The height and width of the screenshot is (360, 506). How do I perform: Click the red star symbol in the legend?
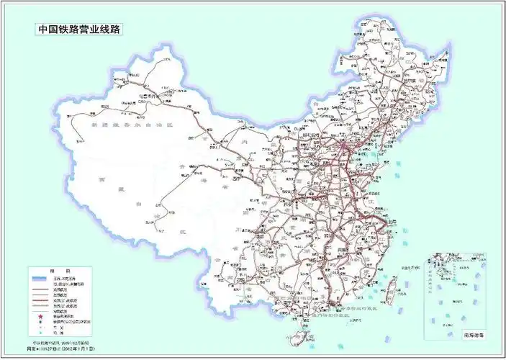[42, 317]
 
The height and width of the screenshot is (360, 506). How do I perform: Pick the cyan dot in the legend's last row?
[42, 332]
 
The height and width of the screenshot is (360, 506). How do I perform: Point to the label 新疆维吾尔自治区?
[122, 124]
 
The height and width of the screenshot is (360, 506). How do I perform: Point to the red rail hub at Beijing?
[343, 149]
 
